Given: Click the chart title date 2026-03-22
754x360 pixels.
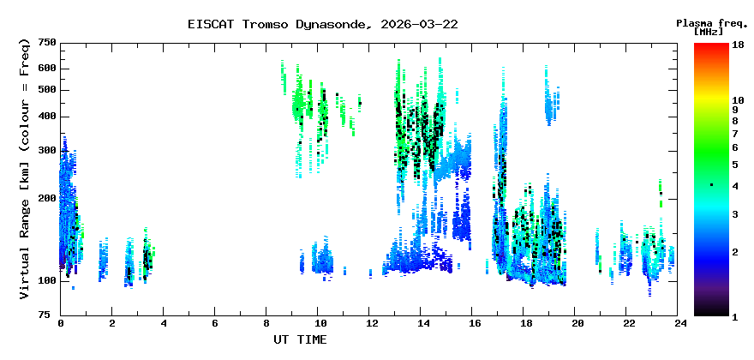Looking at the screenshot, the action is (419, 25).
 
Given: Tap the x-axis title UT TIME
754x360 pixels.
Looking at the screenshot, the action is (300, 339).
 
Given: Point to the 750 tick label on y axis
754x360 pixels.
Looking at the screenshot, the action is (47, 44).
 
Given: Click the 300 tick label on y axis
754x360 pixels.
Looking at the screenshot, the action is (47, 151).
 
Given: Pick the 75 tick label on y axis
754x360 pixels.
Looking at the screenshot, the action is (50, 315).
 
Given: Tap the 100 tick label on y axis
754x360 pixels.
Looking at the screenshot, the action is (47, 280).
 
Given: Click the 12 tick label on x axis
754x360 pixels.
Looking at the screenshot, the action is (368, 324).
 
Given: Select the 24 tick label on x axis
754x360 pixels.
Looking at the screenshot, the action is (677, 324).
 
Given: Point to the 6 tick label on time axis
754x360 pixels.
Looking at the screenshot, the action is (214, 324).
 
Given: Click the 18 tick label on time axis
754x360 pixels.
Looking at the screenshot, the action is (524, 324).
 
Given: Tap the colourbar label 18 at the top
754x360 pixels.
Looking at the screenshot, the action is (738, 45).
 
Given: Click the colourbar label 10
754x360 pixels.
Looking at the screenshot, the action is (738, 100).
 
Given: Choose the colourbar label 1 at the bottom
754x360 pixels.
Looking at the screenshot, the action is (735, 317).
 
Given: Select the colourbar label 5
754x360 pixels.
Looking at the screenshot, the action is (735, 165).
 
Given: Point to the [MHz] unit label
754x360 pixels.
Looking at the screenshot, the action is (709, 32).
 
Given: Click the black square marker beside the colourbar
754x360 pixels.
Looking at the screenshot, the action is (712, 185).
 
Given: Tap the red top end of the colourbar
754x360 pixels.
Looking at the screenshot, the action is (712, 45).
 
